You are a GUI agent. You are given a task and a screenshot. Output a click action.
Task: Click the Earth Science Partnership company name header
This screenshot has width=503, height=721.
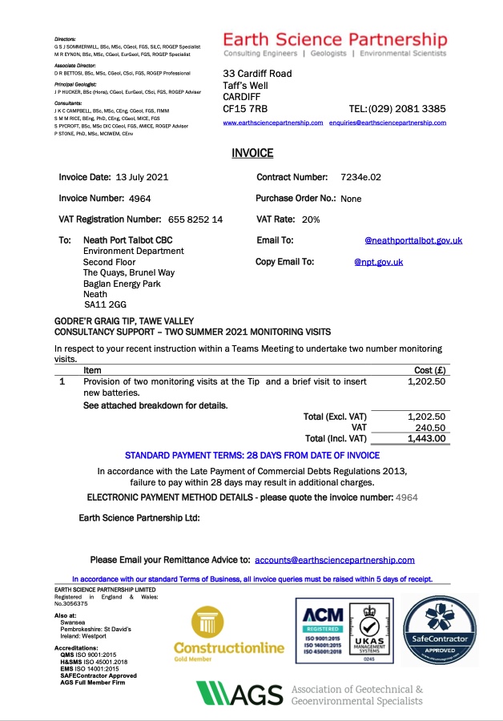pyautogui.click(x=335, y=40)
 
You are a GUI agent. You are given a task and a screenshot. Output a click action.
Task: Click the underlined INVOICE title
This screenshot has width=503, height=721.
pyautogui.click(x=252, y=153)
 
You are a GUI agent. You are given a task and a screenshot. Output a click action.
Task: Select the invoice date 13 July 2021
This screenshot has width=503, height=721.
pyautogui.click(x=142, y=177)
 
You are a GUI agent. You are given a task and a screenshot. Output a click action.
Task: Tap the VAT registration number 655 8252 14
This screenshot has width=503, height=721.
pyautogui.click(x=195, y=220)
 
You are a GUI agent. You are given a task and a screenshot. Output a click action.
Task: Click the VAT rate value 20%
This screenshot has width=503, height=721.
pyautogui.click(x=311, y=220)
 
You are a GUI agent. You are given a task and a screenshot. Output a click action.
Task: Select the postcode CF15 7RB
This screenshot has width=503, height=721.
pyautogui.click(x=245, y=108)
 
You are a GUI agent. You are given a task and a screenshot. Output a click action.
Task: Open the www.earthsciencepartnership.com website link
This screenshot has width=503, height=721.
pyautogui.click(x=272, y=123)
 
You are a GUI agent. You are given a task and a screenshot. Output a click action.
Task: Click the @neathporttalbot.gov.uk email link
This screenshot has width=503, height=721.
pyautogui.click(x=413, y=240)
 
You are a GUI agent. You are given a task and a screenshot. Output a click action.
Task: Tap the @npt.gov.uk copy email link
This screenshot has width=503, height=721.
pyautogui.click(x=378, y=262)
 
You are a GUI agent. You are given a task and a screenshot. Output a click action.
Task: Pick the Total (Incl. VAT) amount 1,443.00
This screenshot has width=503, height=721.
pyautogui.click(x=426, y=438)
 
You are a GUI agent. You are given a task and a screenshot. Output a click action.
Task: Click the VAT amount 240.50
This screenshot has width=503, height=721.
pyautogui.click(x=431, y=428)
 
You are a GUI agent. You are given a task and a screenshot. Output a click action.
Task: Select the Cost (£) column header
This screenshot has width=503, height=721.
pyautogui.click(x=429, y=370)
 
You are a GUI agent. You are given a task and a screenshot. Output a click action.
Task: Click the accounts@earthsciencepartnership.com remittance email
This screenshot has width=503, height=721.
pyautogui.click(x=335, y=560)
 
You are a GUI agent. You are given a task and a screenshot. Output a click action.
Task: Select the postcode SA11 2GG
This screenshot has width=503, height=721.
pyautogui.click(x=105, y=304)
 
